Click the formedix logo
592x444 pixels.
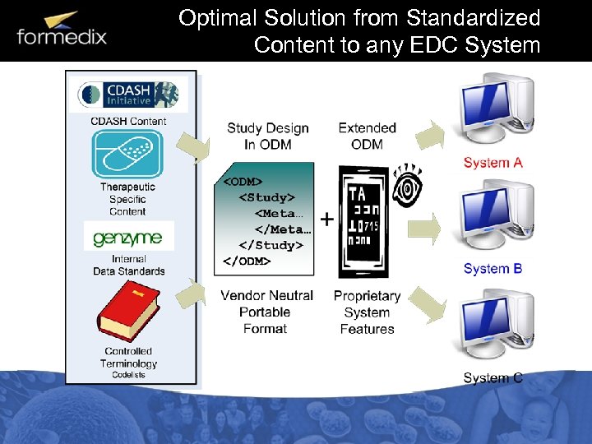pos(62,30)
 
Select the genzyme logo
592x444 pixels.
pos(127,238)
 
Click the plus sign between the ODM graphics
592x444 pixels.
pos(326,220)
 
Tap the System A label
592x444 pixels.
pos(493,163)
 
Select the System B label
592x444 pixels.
pos(493,269)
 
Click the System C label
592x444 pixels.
pos(493,378)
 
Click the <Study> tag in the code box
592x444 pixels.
pos(266,197)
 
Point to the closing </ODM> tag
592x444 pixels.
pos(247,261)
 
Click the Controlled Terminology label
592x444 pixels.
pos(128,358)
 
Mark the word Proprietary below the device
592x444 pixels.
pos(367,296)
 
